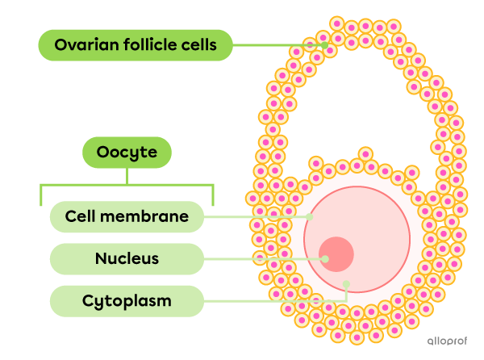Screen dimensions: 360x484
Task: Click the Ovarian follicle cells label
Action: pyautogui.click(x=136, y=45)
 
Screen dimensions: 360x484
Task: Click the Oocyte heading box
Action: pyautogui.click(x=127, y=153)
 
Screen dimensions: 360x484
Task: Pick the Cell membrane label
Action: pyautogui.click(x=127, y=216)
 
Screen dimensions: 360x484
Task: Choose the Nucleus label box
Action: pyautogui.click(x=127, y=259)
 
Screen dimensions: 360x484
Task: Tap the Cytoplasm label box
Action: pyautogui.click(x=127, y=301)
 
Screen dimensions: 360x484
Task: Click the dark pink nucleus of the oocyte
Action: pyautogui.click(x=336, y=254)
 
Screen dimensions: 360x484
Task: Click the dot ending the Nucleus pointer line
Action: pyautogui.click(x=325, y=259)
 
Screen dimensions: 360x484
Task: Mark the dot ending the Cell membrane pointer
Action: pyautogui.click(x=311, y=216)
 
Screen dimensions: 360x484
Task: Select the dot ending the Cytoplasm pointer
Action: pyautogui.click(x=346, y=283)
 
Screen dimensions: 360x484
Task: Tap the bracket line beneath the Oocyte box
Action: pyautogui.click(x=127, y=186)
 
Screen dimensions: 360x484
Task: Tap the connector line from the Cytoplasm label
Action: pyautogui.click(x=274, y=301)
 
